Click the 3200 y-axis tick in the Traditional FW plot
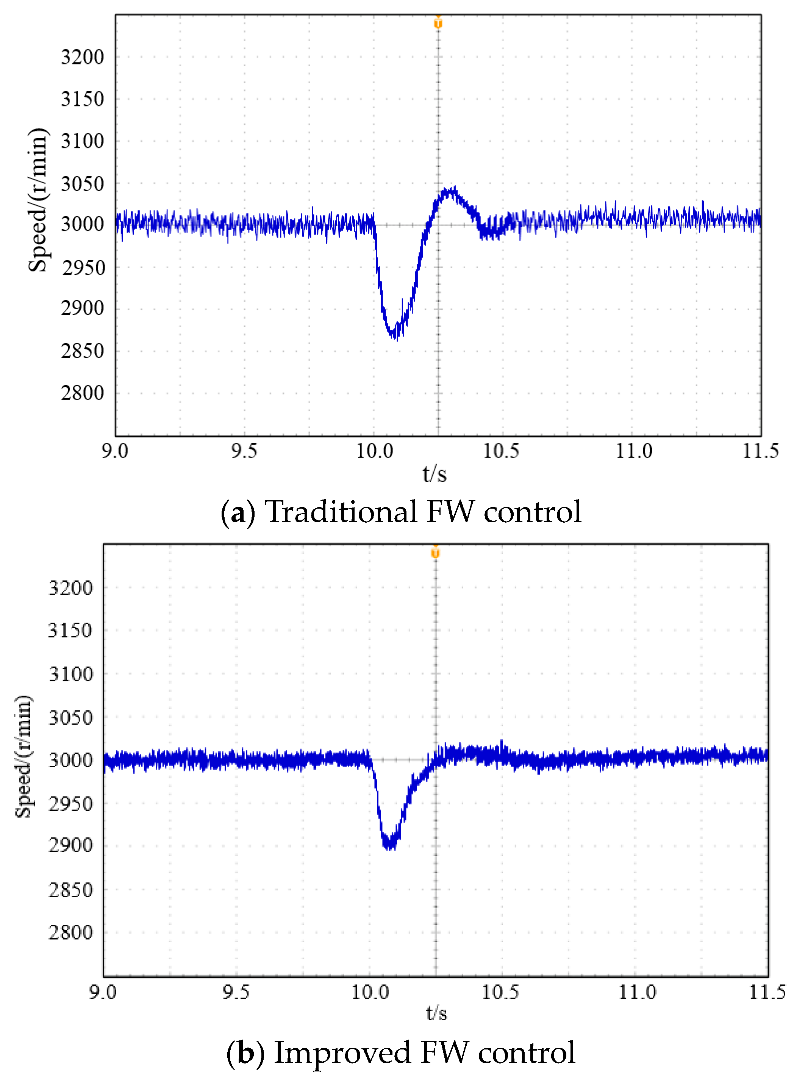click(82, 57)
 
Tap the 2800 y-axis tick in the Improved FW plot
click(70, 932)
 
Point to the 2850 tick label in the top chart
click(82, 351)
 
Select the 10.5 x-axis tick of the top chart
click(501, 451)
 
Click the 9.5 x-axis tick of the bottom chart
click(236, 992)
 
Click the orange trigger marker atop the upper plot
click(438, 23)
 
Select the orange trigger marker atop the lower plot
click(436, 553)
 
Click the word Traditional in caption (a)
click(341, 512)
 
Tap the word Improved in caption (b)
click(342, 1052)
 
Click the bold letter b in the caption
click(245, 1052)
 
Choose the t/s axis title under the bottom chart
click(436, 1013)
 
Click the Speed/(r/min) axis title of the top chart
click(38, 200)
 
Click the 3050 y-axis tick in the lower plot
click(70, 717)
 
